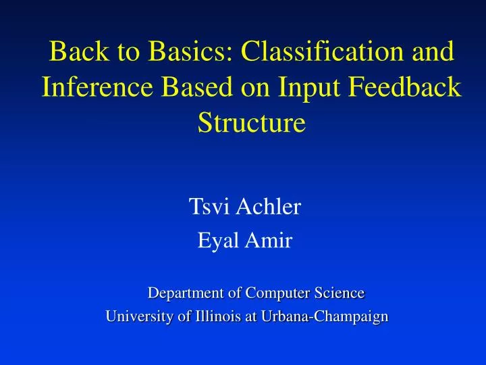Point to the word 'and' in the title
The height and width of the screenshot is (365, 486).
click(431, 52)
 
